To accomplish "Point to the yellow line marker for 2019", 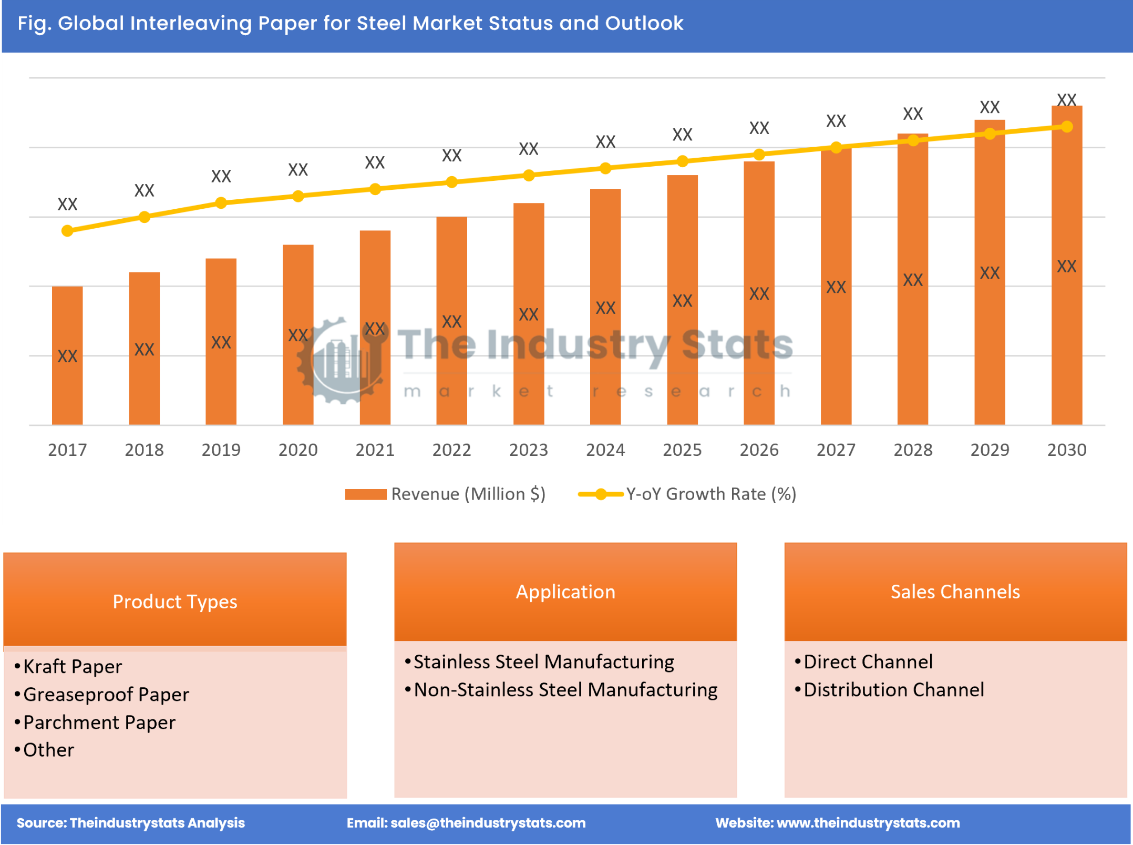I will [221, 203].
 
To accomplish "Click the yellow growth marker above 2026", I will [759, 155].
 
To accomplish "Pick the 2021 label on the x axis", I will [375, 450].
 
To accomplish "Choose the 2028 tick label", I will [913, 450].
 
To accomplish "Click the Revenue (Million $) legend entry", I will [446, 494].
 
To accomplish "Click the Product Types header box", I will [175, 601].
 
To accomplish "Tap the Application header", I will [565, 592].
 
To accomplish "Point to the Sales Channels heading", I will [955, 592].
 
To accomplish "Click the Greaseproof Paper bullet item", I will [106, 695].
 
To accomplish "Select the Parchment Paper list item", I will [99, 722].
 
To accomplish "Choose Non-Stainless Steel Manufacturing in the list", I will [565, 690].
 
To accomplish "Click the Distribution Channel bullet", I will [893, 690].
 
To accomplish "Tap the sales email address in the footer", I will [488, 823].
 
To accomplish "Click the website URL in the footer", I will [868, 823].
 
